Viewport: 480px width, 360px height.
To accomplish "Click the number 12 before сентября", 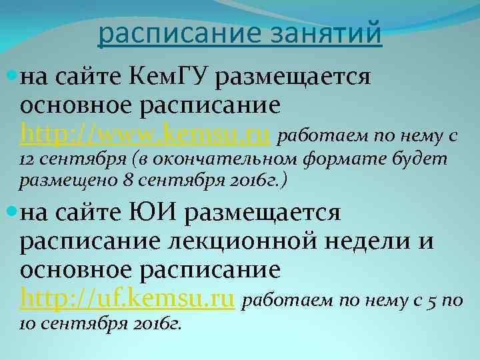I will pos(28,160).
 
